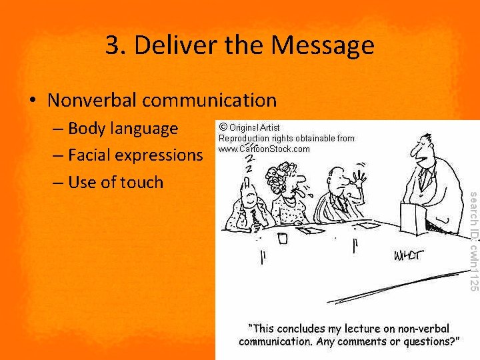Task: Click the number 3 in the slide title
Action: (113, 45)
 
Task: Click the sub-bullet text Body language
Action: (123, 128)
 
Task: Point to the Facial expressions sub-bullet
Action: (135, 155)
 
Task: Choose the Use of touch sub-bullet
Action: (115, 182)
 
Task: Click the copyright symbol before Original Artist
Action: (223, 127)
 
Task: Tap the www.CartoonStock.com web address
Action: (264, 149)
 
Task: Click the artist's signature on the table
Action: (408, 255)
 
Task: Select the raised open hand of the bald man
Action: (359, 179)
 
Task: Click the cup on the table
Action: (283, 237)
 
